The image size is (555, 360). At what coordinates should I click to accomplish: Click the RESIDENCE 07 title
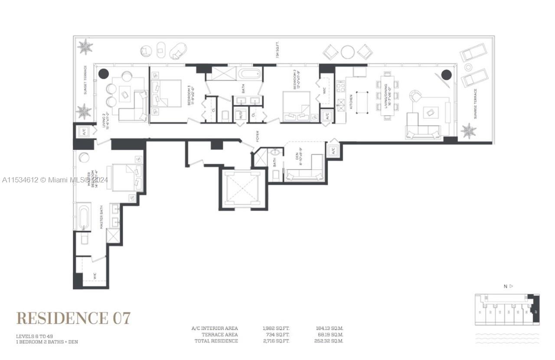(73, 318)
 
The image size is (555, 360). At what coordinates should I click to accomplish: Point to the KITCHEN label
(351, 102)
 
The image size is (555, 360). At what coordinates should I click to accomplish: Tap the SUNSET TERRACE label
(85, 80)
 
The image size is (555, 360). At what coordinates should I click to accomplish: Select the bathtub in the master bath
(84, 217)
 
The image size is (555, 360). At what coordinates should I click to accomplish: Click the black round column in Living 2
(103, 74)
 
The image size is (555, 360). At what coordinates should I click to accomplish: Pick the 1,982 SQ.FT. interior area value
(276, 328)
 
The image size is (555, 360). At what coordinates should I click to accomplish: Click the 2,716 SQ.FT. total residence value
(276, 341)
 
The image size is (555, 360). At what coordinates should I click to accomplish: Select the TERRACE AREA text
(220, 335)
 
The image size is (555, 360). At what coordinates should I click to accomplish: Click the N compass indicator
(508, 286)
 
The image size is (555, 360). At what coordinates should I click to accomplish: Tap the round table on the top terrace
(348, 52)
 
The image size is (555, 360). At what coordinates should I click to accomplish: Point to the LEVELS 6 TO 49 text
(37, 336)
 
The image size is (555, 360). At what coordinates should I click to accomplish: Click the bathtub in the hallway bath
(250, 74)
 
